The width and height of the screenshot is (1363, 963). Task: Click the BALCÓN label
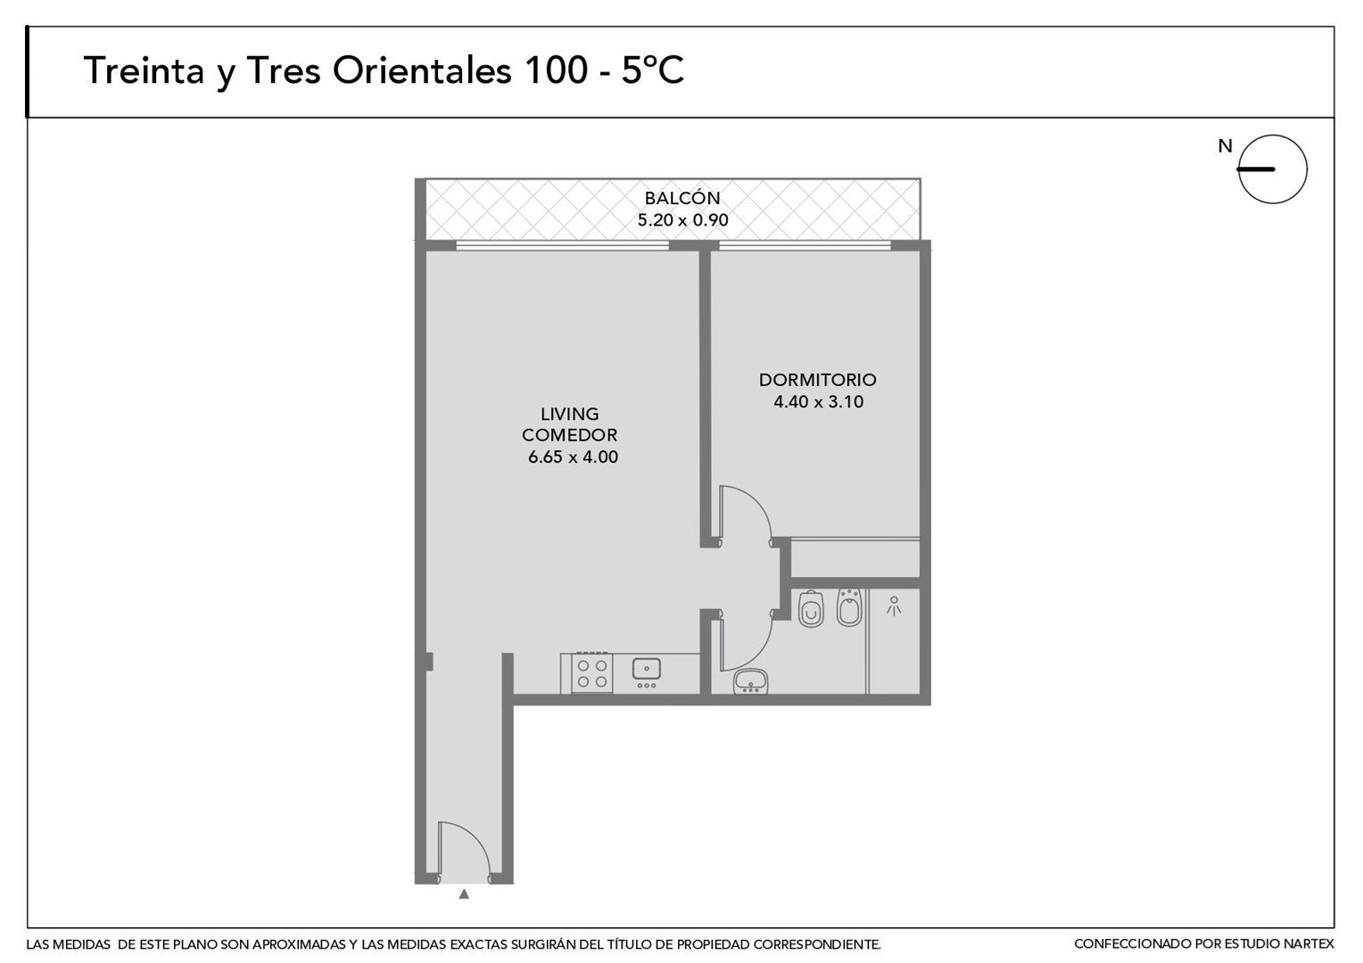(x=682, y=198)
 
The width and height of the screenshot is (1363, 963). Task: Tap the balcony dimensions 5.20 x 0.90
(x=682, y=219)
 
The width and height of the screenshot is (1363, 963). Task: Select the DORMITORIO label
(x=817, y=380)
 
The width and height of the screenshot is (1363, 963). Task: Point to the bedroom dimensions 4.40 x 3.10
(x=818, y=401)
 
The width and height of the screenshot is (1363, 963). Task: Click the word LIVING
(x=569, y=414)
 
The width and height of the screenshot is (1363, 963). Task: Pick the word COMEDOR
(x=569, y=435)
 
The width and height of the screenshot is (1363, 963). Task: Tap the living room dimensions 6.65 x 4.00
(x=573, y=457)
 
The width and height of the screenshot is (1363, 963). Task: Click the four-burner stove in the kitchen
(x=592, y=673)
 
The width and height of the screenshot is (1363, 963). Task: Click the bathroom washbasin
(x=751, y=680)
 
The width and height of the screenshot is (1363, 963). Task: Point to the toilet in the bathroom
(x=811, y=608)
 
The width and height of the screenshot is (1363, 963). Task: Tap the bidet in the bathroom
(x=849, y=606)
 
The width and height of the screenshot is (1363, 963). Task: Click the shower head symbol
(x=893, y=606)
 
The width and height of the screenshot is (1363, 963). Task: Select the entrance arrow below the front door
(x=464, y=893)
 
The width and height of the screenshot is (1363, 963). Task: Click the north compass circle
(x=1272, y=135)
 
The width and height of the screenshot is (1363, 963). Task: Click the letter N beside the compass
(x=1225, y=146)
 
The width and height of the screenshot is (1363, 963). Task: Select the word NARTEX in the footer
(x=1307, y=944)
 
